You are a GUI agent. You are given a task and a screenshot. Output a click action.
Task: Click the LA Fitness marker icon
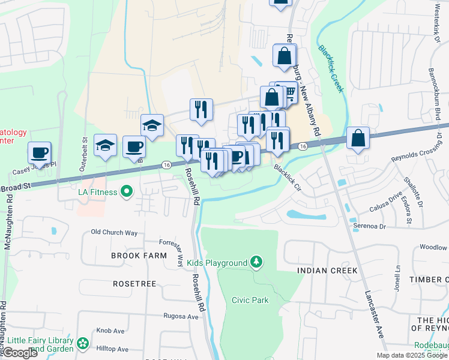click(x=126, y=192)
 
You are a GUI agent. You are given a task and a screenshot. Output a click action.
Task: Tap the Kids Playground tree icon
click(x=256, y=262)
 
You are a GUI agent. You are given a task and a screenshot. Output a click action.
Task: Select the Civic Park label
click(x=250, y=300)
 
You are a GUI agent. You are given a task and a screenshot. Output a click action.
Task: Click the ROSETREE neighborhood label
click(x=133, y=283)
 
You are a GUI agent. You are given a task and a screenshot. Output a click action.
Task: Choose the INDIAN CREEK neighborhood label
click(x=327, y=271)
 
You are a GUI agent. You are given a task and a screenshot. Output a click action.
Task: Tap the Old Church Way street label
click(x=114, y=232)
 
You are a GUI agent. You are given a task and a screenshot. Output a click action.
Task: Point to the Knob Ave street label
click(x=110, y=331)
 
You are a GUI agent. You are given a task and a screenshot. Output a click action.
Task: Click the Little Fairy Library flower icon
click(x=83, y=344)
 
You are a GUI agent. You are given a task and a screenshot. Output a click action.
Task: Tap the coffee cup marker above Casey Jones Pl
click(x=40, y=152)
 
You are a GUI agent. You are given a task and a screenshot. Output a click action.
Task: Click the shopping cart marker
click(x=288, y=92)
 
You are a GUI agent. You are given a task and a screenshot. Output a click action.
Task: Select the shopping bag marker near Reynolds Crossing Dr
click(x=358, y=138)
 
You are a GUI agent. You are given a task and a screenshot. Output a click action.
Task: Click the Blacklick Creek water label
click(x=331, y=68)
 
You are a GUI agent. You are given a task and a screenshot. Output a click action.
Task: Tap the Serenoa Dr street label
click(x=369, y=226)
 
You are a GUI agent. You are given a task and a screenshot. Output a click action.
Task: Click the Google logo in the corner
click(x=20, y=353)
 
